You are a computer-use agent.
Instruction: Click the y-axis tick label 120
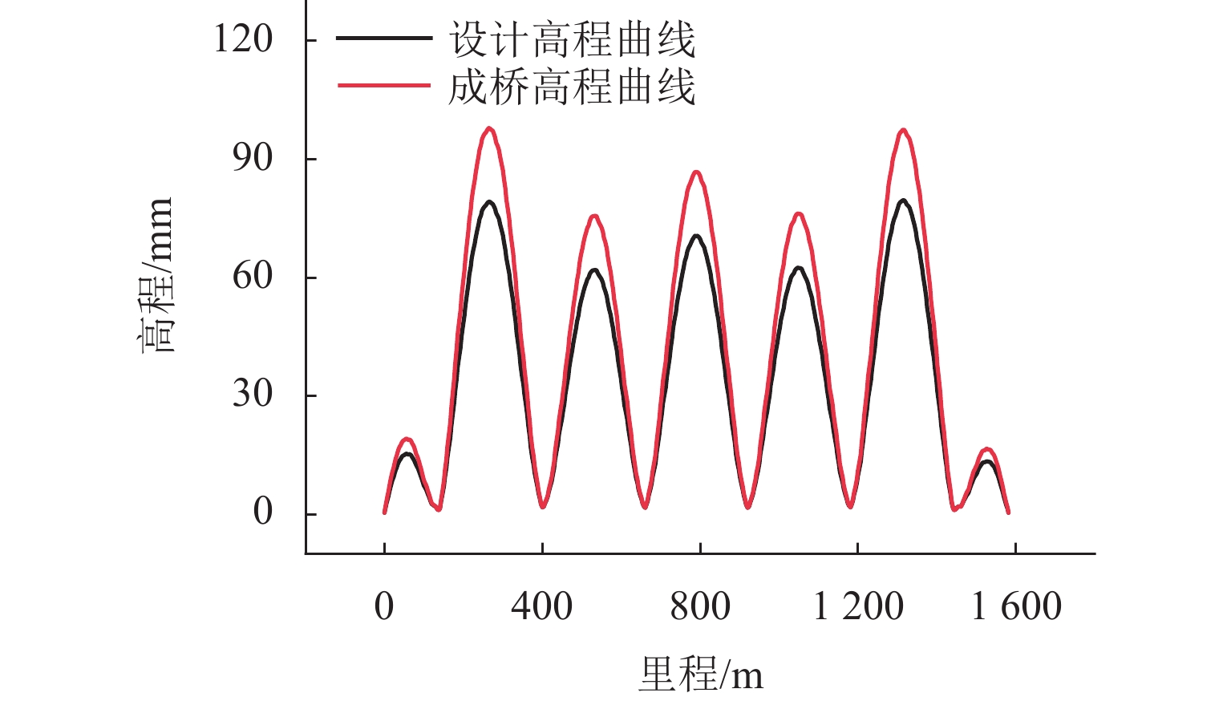pos(242,38)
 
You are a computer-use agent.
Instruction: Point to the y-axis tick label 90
pos(252,158)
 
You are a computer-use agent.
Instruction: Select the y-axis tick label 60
pos(252,277)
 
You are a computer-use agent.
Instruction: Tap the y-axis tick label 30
pos(252,395)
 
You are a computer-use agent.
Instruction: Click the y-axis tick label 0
pos(262,513)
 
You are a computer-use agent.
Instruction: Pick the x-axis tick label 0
pos(384,606)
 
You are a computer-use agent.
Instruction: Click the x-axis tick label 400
pos(542,606)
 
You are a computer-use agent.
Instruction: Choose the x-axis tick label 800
pos(700,606)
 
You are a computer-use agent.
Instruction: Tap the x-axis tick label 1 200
pos(858,606)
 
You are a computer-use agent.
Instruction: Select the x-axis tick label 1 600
pos(1016,606)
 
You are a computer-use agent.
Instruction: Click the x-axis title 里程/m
pos(700,674)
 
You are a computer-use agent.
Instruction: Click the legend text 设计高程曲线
pos(571,39)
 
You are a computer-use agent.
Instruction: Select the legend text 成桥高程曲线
pos(571,87)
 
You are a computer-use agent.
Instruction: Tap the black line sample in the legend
pos(383,38)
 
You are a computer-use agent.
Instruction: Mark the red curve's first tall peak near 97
pos(489,128)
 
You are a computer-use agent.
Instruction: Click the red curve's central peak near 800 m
pos(696,172)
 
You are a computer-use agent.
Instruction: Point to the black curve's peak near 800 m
pos(696,236)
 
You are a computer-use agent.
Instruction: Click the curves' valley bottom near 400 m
pos(543,506)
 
